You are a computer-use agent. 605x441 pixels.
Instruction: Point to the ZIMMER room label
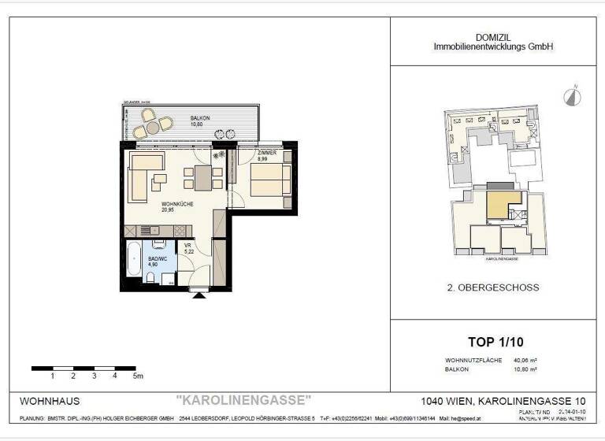tap(266, 154)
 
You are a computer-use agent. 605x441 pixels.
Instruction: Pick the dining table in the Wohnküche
tap(201, 175)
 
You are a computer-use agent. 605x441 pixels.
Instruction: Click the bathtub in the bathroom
tap(134, 261)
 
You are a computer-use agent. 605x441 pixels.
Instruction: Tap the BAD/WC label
tap(158, 262)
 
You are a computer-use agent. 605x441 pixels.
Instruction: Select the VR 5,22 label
tap(187, 248)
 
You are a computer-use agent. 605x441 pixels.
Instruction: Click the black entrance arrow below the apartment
tap(199, 296)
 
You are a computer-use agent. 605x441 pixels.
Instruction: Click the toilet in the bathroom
tap(150, 279)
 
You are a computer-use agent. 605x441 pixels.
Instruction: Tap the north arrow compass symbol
tap(571, 96)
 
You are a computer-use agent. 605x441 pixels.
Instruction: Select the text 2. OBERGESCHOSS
tap(492, 287)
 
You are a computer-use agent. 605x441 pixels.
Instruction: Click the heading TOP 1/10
tap(495, 342)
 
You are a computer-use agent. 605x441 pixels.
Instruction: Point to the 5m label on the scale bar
tap(139, 376)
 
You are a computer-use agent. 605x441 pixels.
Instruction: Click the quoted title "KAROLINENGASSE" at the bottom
tap(243, 401)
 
